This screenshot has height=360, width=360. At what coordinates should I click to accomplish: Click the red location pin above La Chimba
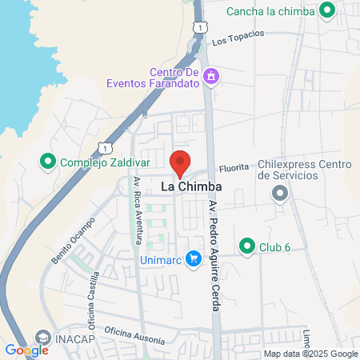coord(180,162)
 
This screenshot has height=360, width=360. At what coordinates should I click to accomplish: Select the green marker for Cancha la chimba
coord(326,10)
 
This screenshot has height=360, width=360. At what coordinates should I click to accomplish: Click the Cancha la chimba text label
coord(271,11)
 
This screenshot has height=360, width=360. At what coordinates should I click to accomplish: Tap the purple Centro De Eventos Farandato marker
coord(211,77)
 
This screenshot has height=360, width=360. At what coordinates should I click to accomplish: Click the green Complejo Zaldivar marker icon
coord(48,163)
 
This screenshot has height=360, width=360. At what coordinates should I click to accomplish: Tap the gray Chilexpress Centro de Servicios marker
coord(279,193)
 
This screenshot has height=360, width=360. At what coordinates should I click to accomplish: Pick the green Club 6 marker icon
coord(247,245)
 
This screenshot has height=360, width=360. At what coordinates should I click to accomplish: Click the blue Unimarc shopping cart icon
coord(193,258)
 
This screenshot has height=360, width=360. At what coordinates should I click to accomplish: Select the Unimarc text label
coord(159,258)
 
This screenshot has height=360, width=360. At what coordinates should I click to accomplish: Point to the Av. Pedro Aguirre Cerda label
coord(214,240)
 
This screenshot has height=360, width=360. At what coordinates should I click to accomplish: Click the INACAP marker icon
coord(42,338)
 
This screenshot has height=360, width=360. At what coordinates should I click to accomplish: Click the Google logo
coord(26,350)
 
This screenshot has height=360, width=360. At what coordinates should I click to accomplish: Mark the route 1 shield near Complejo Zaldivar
coord(103,147)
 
